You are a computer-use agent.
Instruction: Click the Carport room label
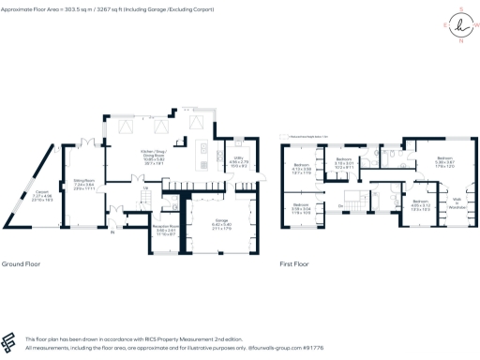[41, 197]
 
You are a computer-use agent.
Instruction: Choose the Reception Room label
[140, 226]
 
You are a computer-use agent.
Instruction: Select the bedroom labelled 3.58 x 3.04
[300, 208]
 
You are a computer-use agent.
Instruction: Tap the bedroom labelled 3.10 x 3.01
[369, 166]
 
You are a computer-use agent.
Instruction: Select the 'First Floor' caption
[293, 265]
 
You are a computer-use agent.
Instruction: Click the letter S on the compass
[459, 10]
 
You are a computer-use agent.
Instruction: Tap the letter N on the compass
[459, 40]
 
